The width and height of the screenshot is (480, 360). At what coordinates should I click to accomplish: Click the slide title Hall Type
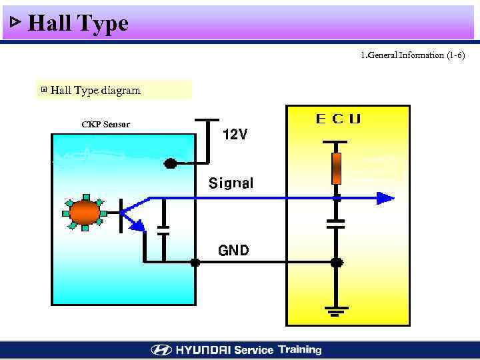pos(78,24)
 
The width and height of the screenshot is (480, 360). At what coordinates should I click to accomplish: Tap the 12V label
pos(234,135)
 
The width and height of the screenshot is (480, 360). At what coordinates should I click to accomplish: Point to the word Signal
pos(231,183)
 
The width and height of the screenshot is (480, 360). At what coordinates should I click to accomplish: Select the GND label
pos(233,251)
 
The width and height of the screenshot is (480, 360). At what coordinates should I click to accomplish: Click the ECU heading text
pos(338,119)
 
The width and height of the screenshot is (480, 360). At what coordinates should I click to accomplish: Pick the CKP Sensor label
pos(105,125)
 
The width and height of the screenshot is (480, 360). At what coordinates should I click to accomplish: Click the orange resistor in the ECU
pos(337,168)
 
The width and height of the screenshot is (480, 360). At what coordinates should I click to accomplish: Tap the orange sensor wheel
pos(85,213)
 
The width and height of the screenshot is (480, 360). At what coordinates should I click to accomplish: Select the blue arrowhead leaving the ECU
pos(385,198)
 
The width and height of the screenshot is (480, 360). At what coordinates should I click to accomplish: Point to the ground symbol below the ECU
pos(337,310)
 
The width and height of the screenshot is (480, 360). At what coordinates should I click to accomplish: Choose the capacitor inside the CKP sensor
pos(163,230)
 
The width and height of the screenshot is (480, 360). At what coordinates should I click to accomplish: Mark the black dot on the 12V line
pos(171,163)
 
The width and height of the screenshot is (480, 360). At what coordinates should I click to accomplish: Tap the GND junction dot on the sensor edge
pos(195,263)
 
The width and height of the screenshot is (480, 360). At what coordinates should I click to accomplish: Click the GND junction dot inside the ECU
pos(337,263)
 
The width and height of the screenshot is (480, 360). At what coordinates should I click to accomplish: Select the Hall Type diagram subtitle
pos(95,91)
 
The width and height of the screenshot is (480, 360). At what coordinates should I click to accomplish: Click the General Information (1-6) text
pos(412,55)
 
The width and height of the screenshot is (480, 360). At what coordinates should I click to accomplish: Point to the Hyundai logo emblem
pos(161,350)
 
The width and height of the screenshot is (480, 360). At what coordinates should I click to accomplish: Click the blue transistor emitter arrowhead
pos(137,226)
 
